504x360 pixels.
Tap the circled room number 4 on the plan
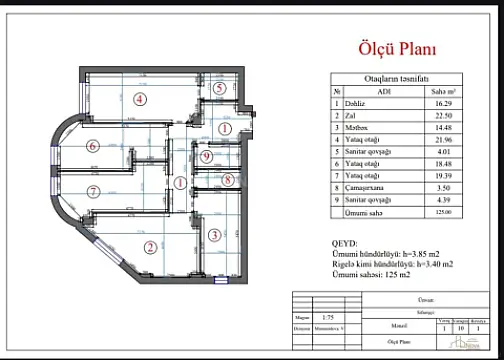(141, 98)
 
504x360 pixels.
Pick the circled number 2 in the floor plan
(149, 248)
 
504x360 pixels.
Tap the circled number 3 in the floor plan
(214, 236)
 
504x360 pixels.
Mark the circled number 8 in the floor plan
(227, 180)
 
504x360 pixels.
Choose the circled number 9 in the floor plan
(205, 157)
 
